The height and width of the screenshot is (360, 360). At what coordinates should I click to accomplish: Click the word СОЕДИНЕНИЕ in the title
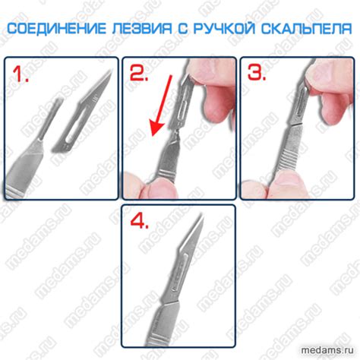point(57,28)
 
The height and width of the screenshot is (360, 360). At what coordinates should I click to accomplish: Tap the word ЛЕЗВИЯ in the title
point(142,28)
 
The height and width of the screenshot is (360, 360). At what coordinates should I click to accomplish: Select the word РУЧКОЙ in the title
point(225,28)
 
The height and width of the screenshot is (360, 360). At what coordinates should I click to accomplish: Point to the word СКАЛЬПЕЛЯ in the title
point(307,28)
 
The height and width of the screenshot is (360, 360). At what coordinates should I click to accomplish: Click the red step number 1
point(21,74)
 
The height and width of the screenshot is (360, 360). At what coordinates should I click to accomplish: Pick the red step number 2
point(138,73)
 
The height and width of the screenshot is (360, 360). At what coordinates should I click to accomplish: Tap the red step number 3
point(257,73)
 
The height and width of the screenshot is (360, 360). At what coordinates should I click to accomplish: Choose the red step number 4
point(140,220)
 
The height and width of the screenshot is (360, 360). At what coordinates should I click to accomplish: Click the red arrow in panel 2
point(161,106)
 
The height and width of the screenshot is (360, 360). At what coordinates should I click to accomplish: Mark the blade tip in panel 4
point(203,216)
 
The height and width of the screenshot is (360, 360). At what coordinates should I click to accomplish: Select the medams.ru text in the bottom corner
point(327,350)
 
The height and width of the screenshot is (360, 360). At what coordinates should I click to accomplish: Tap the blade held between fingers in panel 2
point(182,101)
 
